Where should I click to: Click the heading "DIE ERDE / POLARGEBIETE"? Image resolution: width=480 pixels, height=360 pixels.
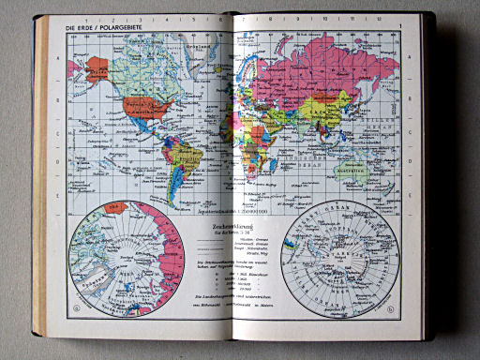click(x=106, y=28)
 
